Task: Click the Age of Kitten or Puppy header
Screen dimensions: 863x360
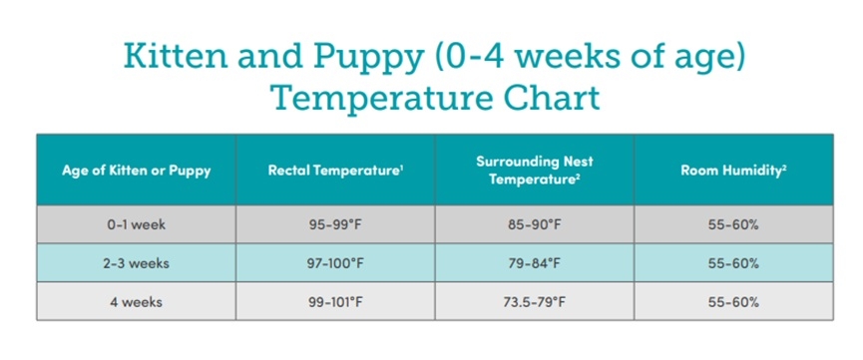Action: [x=136, y=171]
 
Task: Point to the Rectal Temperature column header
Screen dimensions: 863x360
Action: [x=334, y=171]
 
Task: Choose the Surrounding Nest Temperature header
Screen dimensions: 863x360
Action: [x=535, y=171]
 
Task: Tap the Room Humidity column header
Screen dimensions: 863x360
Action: [x=733, y=171]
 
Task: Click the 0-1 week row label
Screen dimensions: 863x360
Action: [x=136, y=224]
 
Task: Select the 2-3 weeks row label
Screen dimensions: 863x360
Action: [x=136, y=263]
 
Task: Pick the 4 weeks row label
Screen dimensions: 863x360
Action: [x=136, y=301]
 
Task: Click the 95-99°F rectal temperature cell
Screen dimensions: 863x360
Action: [x=335, y=224]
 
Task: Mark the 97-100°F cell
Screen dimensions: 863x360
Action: [x=335, y=263]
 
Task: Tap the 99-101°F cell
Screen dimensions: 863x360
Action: [x=335, y=301]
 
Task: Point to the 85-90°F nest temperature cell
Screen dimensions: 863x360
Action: [x=535, y=224]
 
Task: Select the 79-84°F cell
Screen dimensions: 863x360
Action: [x=535, y=263]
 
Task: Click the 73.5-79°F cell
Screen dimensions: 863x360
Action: [x=535, y=301]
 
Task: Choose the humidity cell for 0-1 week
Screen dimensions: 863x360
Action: [x=733, y=224]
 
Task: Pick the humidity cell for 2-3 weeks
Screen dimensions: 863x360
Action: [x=733, y=263]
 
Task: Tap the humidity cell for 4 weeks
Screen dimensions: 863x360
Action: [x=733, y=301]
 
